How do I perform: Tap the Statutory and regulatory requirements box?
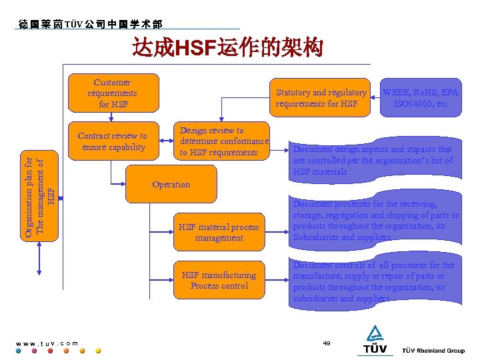point(321,97)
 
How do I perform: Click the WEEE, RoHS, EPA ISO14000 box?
point(420,97)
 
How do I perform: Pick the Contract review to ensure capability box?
point(112,141)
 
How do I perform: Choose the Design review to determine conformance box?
point(224,141)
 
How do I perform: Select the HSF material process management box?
point(219,232)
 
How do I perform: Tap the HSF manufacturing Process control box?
point(219,280)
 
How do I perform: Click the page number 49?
point(327,343)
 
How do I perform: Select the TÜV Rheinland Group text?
point(433,351)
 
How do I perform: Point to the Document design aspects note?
point(373,161)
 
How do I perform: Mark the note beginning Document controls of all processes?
point(373,282)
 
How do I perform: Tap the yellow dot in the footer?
point(99,351)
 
